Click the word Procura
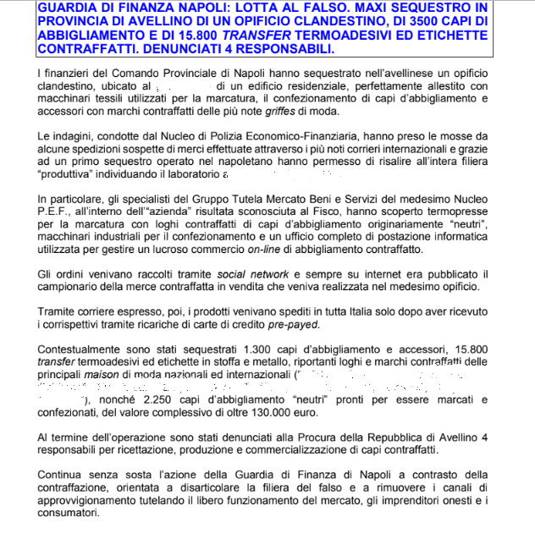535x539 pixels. (275, 436)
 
